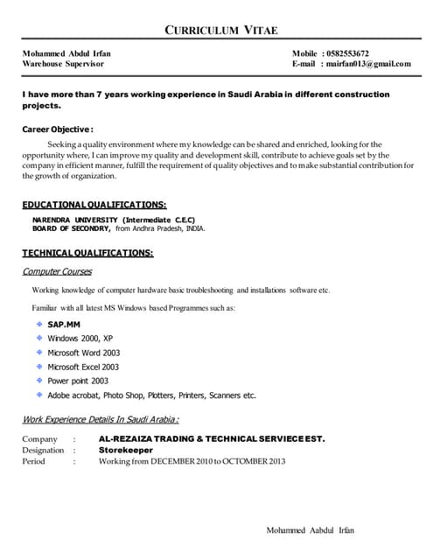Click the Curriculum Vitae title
(x=221, y=31)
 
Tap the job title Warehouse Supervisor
(x=63, y=64)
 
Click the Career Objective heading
(x=58, y=129)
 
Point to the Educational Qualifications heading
(x=94, y=204)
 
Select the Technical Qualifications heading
(x=87, y=253)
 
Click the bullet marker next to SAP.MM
(x=39, y=323)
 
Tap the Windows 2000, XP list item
(x=80, y=338)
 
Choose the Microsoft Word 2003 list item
(x=83, y=353)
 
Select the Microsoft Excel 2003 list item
(x=83, y=367)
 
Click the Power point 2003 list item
(x=78, y=381)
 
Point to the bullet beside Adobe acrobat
(x=39, y=395)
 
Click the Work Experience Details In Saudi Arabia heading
(x=101, y=419)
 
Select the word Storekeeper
(x=126, y=450)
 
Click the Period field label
(x=33, y=461)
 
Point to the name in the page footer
(x=311, y=530)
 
